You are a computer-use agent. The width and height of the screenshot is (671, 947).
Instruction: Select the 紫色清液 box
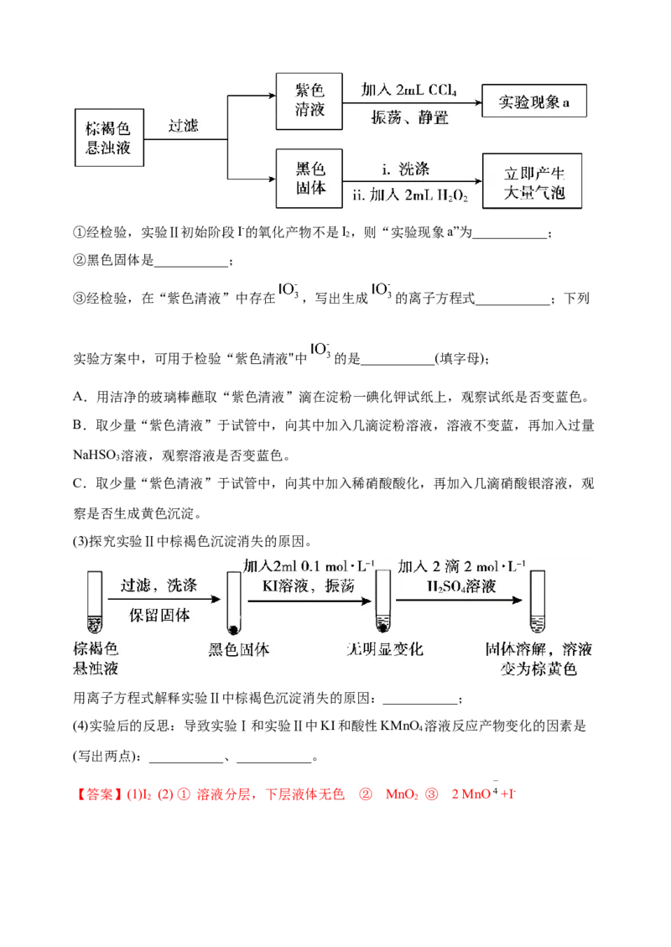point(309,100)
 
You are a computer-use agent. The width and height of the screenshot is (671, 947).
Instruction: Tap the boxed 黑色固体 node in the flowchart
point(309,177)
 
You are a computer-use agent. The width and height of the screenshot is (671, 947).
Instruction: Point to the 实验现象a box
point(533,101)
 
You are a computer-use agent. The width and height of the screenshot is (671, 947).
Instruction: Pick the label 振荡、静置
point(410,118)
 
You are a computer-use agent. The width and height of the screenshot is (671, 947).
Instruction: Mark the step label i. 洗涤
point(406,169)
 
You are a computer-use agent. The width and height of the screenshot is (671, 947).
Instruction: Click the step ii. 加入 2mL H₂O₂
point(411,196)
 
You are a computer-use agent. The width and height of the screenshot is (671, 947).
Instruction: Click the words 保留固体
point(159,615)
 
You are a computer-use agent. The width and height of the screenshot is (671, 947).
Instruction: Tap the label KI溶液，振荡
point(307,586)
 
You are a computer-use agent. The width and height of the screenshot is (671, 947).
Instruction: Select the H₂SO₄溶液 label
point(460,586)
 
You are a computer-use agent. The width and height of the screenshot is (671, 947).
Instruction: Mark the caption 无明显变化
point(385,650)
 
